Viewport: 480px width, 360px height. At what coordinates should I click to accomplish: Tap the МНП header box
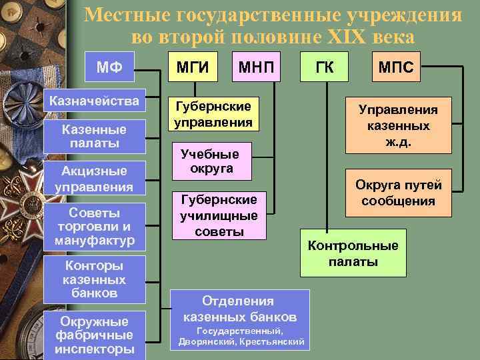coord(255,67)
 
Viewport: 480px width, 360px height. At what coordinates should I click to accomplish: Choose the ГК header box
coord(327,67)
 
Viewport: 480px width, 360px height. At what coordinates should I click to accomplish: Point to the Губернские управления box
coord(213,114)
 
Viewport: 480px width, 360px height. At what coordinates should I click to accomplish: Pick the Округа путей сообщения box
coord(399,193)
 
